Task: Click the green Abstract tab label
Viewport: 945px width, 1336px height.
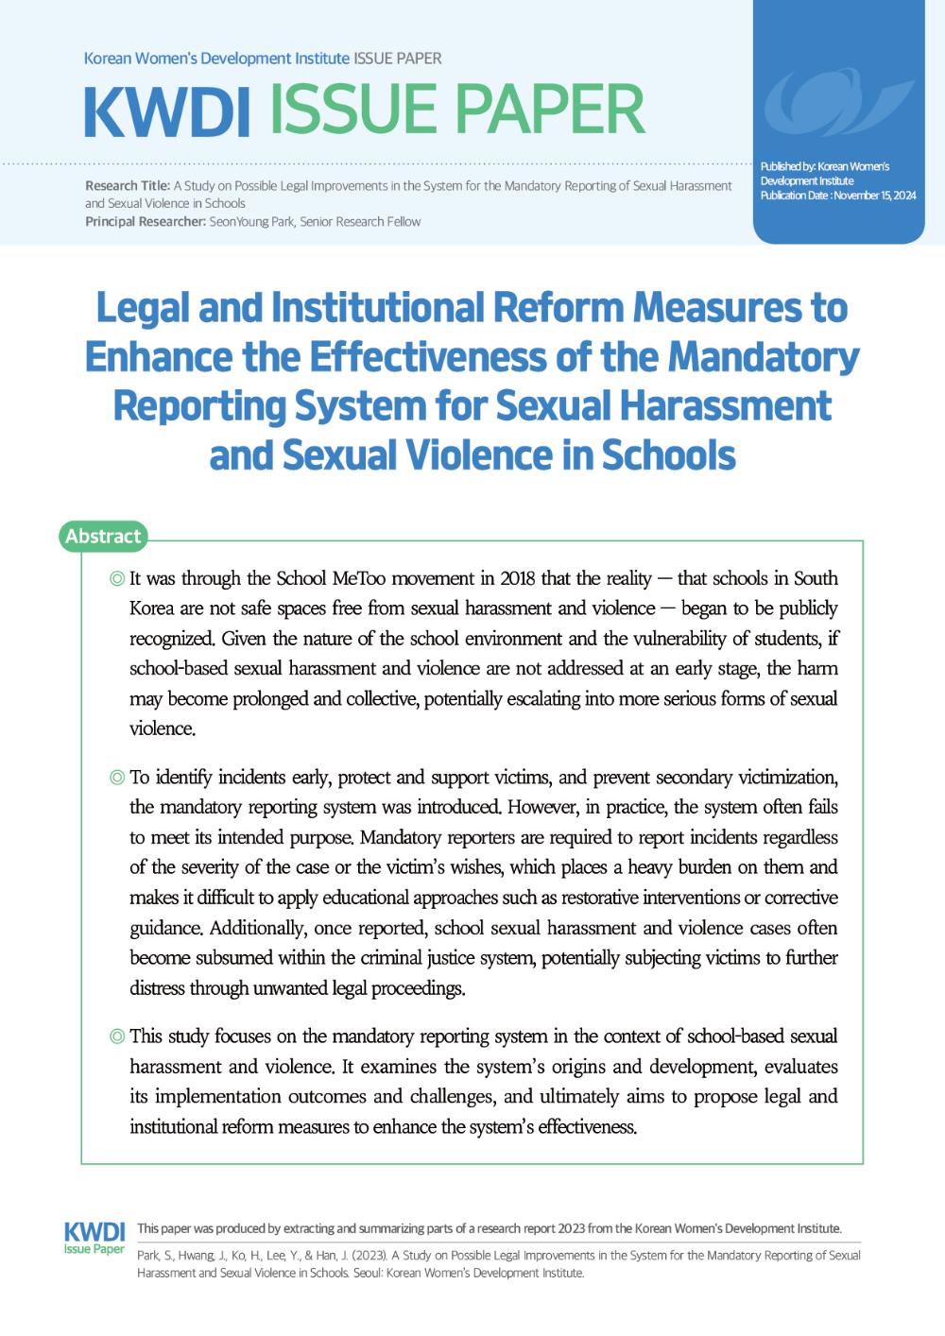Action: (x=103, y=536)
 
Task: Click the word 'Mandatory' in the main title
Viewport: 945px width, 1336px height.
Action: (x=764, y=357)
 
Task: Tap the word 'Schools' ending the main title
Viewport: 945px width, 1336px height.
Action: (x=668, y=455)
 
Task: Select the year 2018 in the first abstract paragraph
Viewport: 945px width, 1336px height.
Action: (x=517, y=578)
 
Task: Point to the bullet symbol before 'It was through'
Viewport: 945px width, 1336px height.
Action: (x=117, y=578)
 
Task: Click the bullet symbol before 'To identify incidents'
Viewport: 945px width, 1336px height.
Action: (x=117, y=778)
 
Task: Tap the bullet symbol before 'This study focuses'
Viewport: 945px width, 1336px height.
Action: (x=117, y=1036)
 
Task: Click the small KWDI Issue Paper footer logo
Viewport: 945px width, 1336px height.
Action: (x=94, y=1237)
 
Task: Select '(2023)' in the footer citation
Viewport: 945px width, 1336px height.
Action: (x=367, y=1256)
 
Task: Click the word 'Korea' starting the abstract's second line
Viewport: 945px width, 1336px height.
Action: (x=151, y=608)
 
